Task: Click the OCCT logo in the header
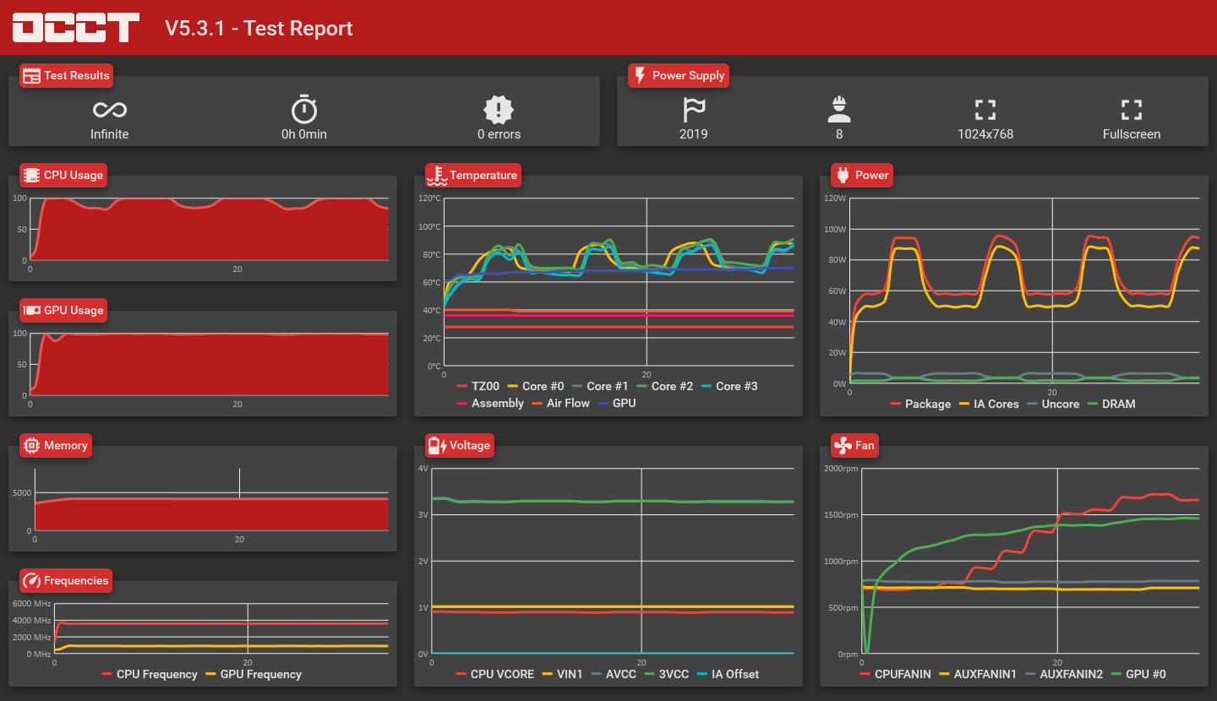coord(76,27)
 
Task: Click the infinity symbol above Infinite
coord(110,109)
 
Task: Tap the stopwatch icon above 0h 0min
coord(304,109)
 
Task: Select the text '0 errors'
coord(499,134)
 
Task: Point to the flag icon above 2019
coord(693,109)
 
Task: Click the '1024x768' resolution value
coord(985,134)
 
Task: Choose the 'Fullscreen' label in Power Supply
coord(1132,134)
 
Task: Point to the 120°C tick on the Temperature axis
coord(430,198)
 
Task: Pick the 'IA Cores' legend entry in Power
coord(988,404)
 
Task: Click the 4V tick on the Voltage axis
coord(424,468)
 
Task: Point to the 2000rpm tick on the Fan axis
coord(841,469)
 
